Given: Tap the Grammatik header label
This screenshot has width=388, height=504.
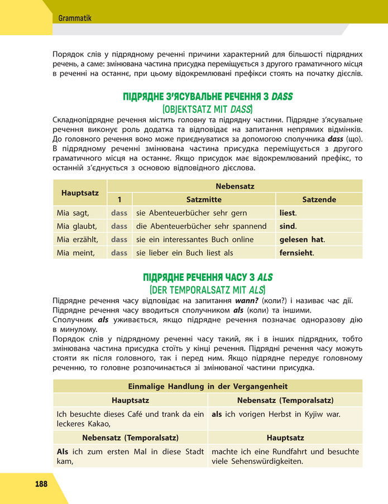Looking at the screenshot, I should click(75, 18).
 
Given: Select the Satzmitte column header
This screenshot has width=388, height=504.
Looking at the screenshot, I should click(203, 199).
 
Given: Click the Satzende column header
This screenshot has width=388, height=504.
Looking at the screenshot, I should click(319, 199).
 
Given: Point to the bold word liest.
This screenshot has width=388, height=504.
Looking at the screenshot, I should click(288, 213).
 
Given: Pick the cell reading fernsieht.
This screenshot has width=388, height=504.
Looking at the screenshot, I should click(296, 253).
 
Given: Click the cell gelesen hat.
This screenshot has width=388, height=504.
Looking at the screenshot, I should click(301, 239).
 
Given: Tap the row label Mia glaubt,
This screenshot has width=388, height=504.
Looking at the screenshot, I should click(77, 226).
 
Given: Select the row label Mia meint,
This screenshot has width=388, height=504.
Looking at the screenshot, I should click(76, 253).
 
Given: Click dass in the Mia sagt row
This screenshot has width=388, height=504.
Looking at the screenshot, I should click(119, 213).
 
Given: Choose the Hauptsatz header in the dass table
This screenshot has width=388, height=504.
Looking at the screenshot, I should click(80, 193).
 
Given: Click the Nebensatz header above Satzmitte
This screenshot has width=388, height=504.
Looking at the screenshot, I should click(234, 186).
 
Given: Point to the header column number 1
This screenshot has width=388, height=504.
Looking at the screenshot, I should click(119, 199).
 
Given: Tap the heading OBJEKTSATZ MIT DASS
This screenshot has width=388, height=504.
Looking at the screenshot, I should click(207, 108).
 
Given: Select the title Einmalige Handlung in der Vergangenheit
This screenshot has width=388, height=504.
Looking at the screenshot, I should click(208, 386).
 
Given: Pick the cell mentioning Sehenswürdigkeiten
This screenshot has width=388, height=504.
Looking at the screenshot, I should click(285, 456).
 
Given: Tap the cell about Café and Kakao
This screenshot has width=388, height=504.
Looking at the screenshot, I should click(130, 419).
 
